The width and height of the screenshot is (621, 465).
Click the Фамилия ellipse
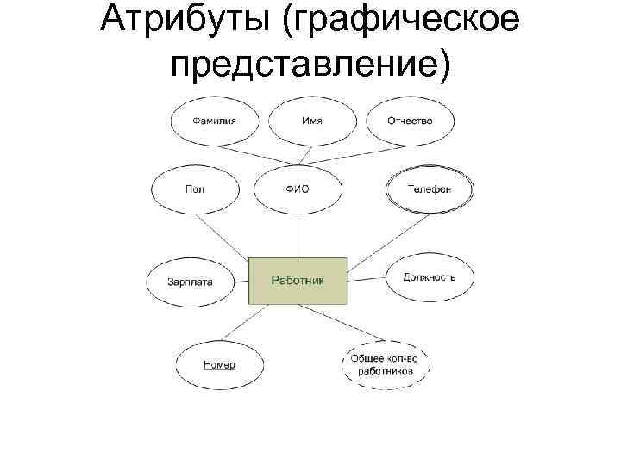click(213, 121)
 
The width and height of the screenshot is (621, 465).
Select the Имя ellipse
click(311, 121)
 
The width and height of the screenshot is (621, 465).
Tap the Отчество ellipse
click(410, 121)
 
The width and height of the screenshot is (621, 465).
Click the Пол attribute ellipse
click(194, 189)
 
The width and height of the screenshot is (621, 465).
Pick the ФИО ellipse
click(297, 189)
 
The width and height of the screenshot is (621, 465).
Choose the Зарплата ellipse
click(191, 281)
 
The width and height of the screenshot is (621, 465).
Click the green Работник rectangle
click(298, 280)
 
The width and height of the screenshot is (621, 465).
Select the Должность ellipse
click(429, 277)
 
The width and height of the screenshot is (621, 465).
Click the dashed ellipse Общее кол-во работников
click(386, 364)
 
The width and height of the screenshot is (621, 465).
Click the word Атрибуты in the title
click(185, 21)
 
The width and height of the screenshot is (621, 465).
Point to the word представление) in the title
click(310, 64)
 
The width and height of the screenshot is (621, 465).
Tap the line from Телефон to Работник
click(374, 237)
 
